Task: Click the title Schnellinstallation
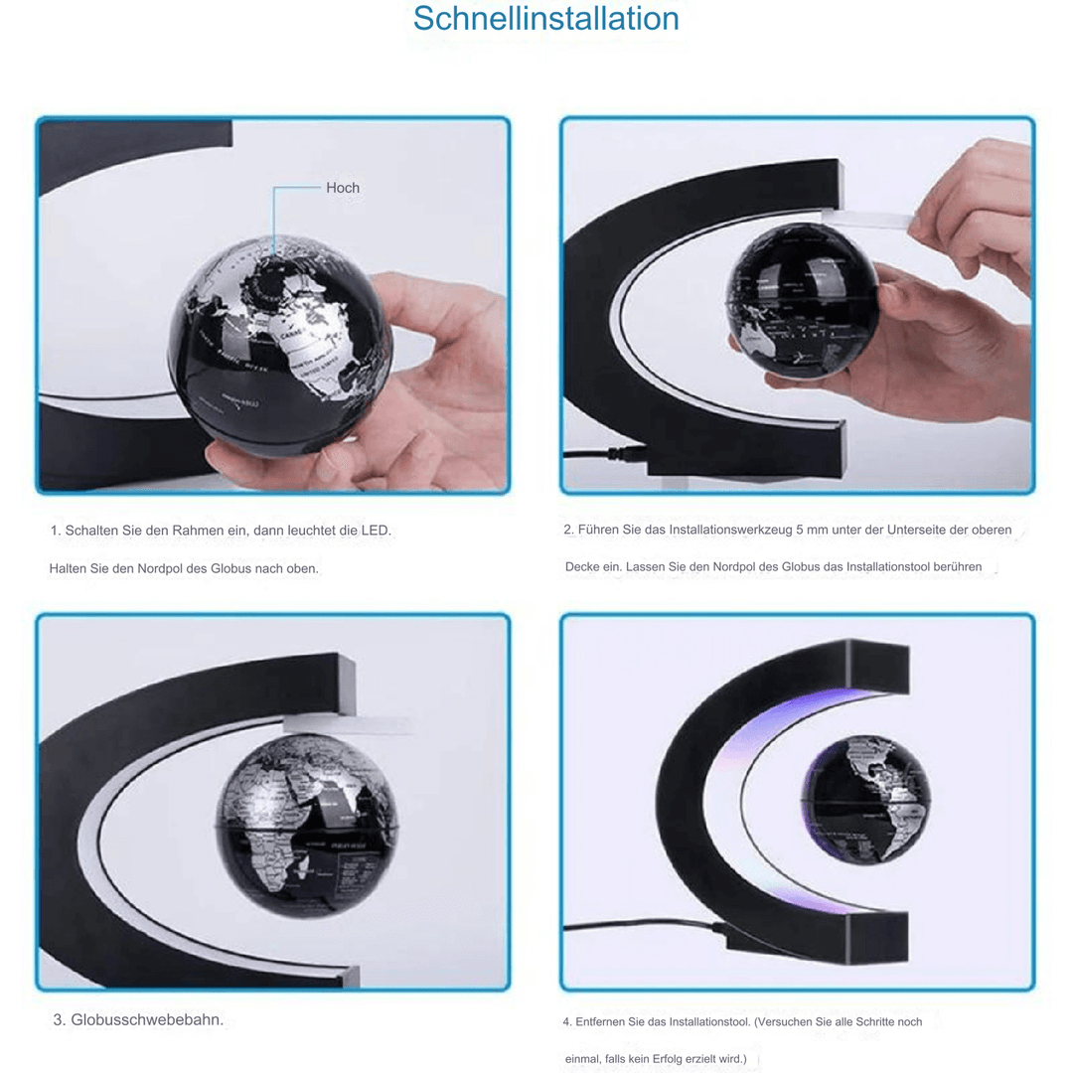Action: tap(545, 19)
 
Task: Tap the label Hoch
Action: tap(343, 188)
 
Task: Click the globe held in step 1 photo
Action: tap(280, 343)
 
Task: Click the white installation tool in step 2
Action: tap(866, 218)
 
